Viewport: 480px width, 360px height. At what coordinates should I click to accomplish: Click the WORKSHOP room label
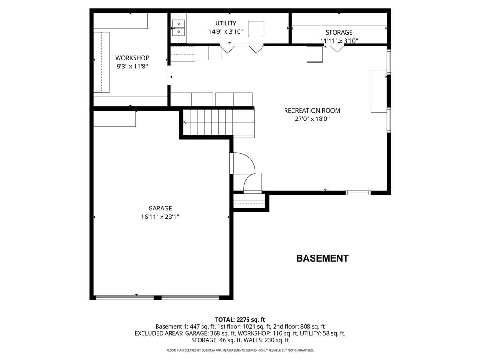pos(132,58)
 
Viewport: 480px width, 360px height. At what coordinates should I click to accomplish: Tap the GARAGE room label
pos(160,209)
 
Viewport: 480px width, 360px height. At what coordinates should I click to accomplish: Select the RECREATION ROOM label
pos(312,111)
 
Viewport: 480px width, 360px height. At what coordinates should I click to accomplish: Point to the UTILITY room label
pos(225,23)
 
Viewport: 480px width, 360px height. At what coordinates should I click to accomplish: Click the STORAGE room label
pos(339,33)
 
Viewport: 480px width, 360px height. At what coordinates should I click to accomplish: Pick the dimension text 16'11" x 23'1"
pos(160,217)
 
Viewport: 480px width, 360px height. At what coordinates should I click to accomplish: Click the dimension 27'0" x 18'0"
pos(312,119)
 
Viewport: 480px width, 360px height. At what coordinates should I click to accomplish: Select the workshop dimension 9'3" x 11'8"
pos(132,67)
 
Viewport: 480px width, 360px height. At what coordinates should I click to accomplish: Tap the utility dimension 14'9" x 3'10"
pos(225,32)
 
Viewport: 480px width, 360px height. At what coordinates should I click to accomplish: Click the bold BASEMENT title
pos(322,258)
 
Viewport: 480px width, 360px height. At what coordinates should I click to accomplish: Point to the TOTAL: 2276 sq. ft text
pos(240,320)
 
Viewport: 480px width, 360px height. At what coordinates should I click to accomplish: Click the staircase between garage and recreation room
pos(219,123)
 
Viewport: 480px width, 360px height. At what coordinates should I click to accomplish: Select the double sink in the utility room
pos(179,28)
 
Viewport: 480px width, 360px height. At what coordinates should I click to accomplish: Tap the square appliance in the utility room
pos(256,29)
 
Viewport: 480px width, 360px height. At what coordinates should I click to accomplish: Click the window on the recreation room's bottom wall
pos(358,193)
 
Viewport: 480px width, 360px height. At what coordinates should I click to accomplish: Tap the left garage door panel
pos(125,297)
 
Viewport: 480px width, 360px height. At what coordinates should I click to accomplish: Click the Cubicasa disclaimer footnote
pos(240,350)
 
